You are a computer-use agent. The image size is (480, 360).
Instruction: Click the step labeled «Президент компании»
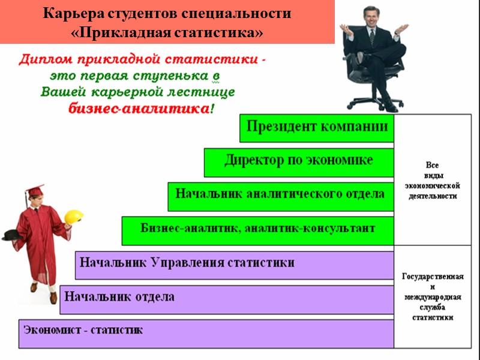(x=317, y=128)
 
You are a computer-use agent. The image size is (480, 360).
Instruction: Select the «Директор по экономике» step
(x=299, y=161)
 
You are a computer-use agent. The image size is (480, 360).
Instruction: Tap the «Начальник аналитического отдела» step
(x=280, y=194)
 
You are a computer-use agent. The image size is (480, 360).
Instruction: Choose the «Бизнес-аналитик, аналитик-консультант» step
(x=258, y=229)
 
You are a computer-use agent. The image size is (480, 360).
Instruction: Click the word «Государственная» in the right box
(x=433, y=277)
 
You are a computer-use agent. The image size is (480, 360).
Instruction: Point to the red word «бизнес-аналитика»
(x=137, y=109)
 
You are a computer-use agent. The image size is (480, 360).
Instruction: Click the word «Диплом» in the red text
(x=43, y=60)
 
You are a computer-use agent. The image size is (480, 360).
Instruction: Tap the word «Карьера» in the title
(x=70, y=14)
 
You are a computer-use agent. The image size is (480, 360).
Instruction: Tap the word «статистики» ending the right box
(x=433, y=317)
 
